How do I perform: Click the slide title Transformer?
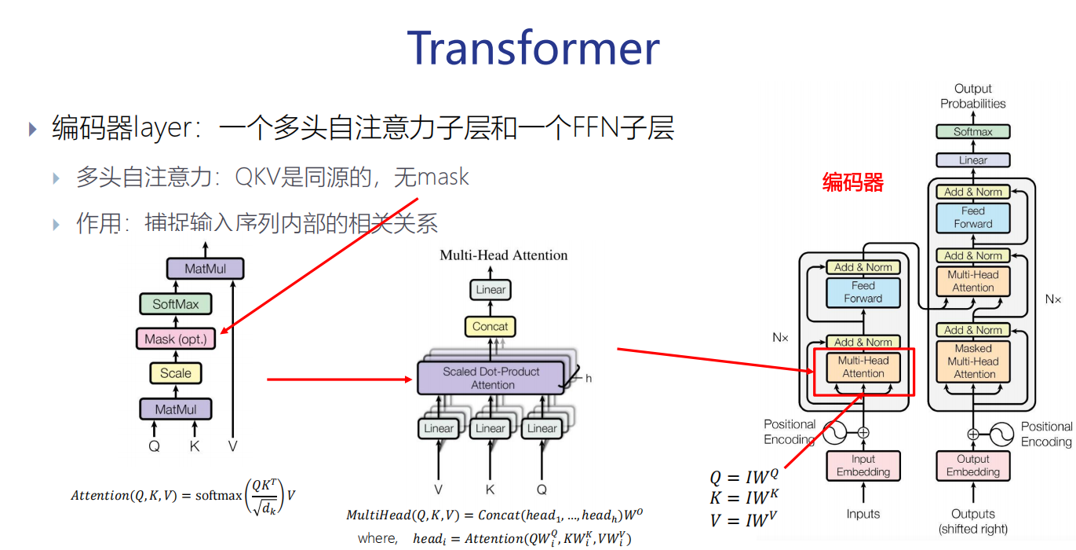click(x=533, y=49)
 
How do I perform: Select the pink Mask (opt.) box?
click(x=176, y=339)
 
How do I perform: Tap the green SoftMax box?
click(x=176, y=304)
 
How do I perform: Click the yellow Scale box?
click(x=176, y=373)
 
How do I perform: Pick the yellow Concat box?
click(x=491, y=326)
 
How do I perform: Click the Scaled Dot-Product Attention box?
click(x=491, y=378)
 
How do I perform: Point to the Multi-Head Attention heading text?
click(x=503, y=255)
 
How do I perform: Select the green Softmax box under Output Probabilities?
click(x=972, y=132)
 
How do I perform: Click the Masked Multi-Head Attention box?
click(x=973, y=361)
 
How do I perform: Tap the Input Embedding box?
click(x=863, y=466)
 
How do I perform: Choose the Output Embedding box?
click(x=973, y=466)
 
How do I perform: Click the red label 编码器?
click(x=853, y=183)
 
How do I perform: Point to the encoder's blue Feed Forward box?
click(x=863, y=292)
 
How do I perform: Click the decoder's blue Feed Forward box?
click(x=973, y=218)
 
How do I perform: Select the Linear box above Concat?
click(x=491, y=290)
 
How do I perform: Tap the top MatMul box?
click(x=206, y=269)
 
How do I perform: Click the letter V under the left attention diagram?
click(x=232, y=446)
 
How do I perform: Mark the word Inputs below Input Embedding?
click(x=863, y=514)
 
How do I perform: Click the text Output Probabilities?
click(x=973, y=96)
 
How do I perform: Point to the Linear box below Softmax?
click(x=972, y=160)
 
